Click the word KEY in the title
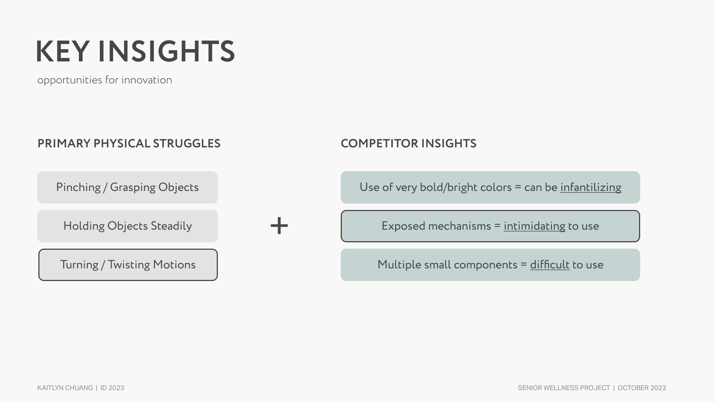(x=63, y=52)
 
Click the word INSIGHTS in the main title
(x=166, y=52)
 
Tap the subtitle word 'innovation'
(x=147, y=80)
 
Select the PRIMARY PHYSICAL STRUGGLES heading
(x=129, y=144)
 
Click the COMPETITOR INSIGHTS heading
(x=409, y=144)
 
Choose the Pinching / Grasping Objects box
(x=127, y=187)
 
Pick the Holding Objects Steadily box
(x=127, y=226)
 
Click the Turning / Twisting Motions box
(x=128, y=265)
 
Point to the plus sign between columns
(x=279, y=226)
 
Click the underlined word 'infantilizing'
(x=591, y=187)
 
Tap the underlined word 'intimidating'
(x=534, y=226)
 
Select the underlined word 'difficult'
(x=550, y=265)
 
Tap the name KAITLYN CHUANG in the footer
(x=65, y=388)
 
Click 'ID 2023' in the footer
(x=112, y=388)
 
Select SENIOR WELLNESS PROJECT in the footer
(x=564, y=388)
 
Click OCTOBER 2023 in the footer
(x=642, y=388)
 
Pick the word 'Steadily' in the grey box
(x=171, y=226)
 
